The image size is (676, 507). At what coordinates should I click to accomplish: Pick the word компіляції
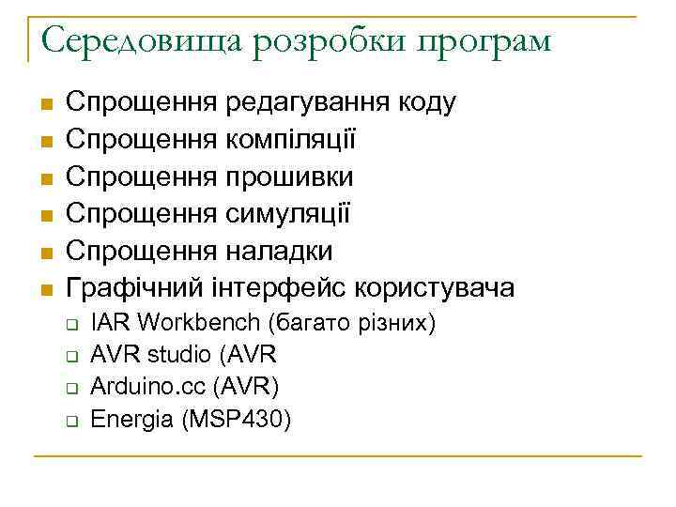(x=291, y=141)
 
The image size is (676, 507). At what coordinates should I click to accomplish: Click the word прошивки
(x=288, y=177)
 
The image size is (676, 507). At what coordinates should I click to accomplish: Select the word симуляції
(x=287, y=215)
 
